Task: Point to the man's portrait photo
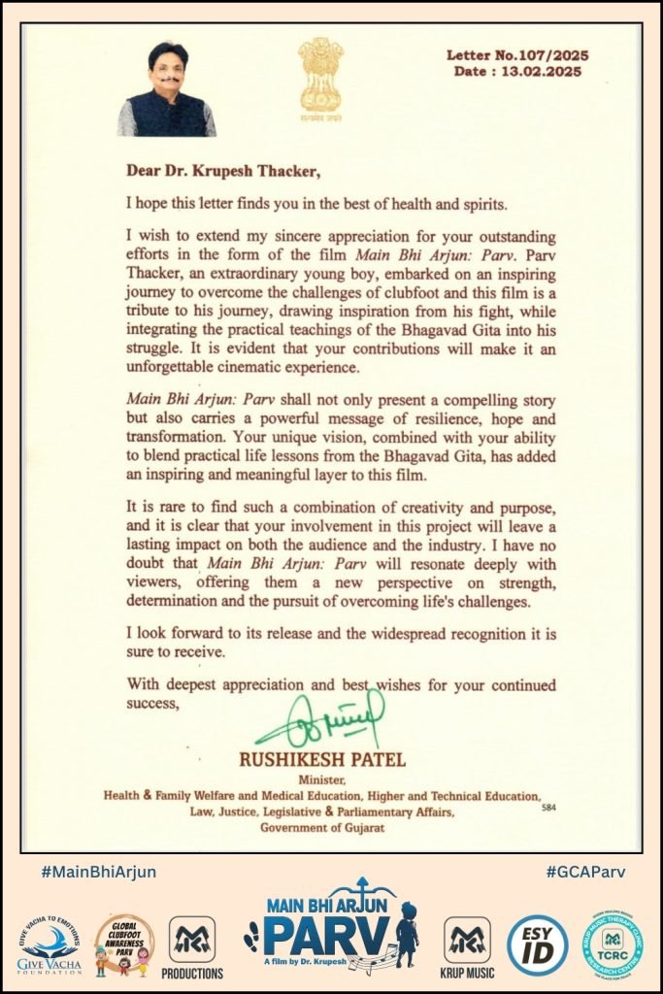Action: click(x=166, y=88)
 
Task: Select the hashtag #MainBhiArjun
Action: click(x=98, y=872)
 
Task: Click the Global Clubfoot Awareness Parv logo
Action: click(x=123, y=941)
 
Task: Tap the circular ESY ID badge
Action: click(x=538, y=943)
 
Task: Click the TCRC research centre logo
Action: click(x=613, y=941)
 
